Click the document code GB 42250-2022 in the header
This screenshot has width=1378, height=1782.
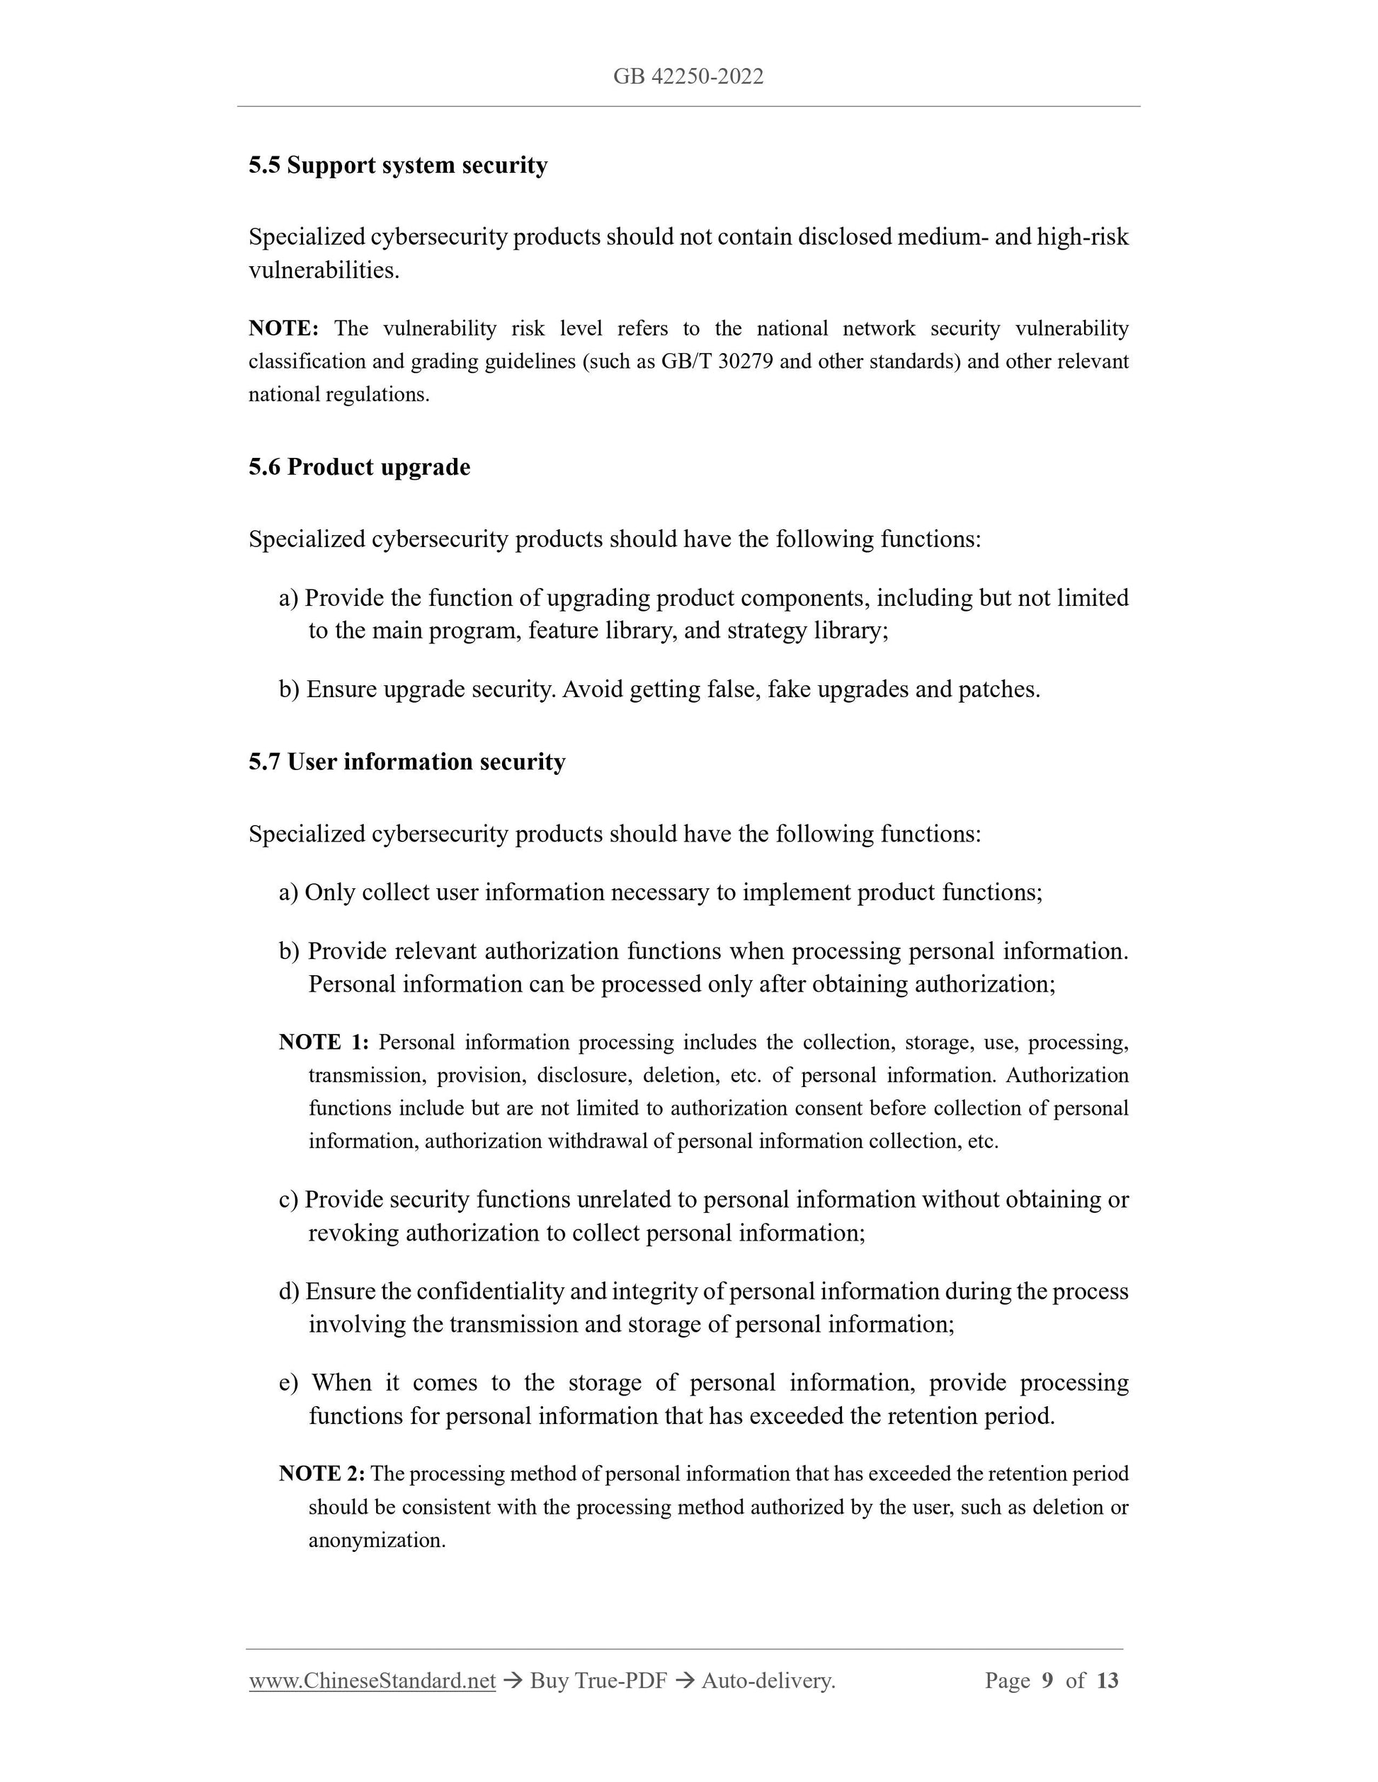coord(688,76)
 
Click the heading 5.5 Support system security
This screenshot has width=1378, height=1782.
coord(397,166)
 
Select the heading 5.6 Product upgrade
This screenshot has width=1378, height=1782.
coord(359,468)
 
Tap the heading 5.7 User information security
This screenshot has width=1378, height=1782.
coord(406,762)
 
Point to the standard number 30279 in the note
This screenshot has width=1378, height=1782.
coord(746,362)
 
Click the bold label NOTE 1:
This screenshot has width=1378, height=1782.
coord(324,1042)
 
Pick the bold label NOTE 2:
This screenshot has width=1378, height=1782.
coord(321,1473)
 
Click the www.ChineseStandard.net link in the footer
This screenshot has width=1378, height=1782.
coord(372,1681)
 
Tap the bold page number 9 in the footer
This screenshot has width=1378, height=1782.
coord(1047,1681)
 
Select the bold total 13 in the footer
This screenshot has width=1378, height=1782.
coord(1107,1681)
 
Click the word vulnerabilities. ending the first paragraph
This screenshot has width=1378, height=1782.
coord(324,271)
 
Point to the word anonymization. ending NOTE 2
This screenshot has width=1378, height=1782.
coord(377,1541)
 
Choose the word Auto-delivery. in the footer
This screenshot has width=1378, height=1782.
coord(768,1681)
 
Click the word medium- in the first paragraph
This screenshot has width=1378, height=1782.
coord(942,238)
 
